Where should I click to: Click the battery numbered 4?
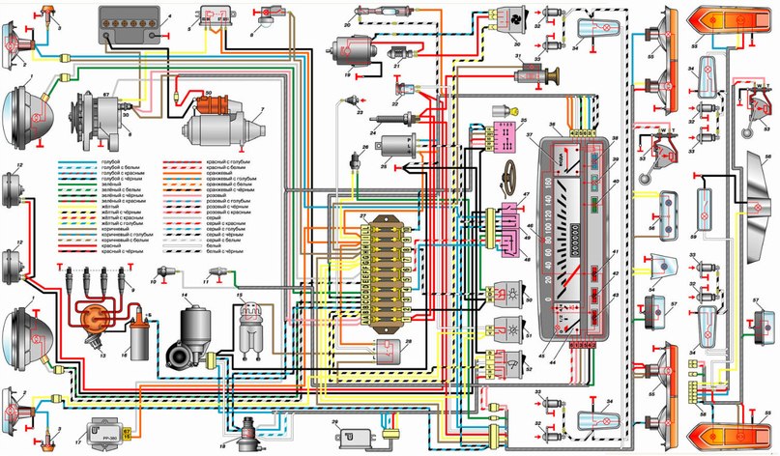132,26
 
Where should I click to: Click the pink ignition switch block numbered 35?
503,133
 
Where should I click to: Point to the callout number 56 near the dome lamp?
766,154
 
